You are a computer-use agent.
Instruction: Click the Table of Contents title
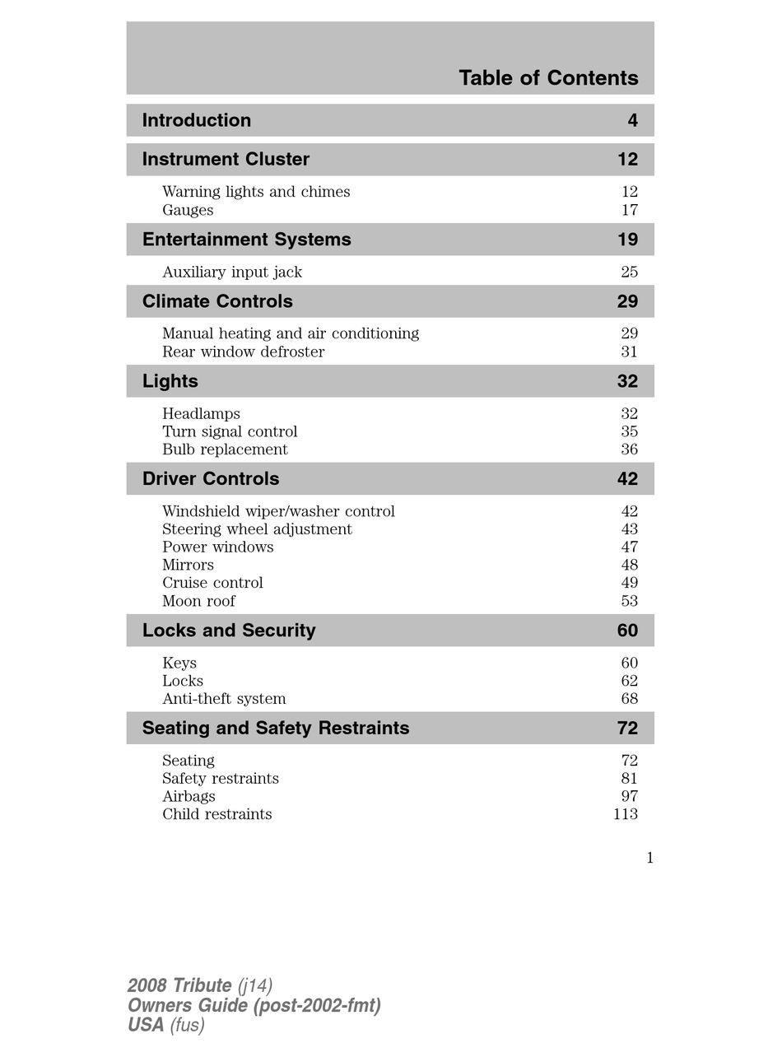click(x=548, y=78)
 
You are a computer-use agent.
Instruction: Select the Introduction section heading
click(x=197, y=120)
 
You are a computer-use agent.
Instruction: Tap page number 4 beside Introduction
click(x=632, y=120)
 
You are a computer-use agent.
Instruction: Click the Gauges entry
click(x=188, y=210)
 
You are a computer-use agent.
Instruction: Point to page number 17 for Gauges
click(x=629, y=210)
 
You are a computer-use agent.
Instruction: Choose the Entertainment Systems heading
click(x=246, y=240)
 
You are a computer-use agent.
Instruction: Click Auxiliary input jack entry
click(x=232, y=272)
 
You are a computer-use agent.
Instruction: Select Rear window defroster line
click(x=243, y=352)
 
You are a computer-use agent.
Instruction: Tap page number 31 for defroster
click(x=629, y=352)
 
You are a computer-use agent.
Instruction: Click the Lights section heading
click(x=170, y=381)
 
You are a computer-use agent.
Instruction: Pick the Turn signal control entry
click(x=230, y=431)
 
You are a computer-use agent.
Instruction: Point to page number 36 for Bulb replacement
click(x=629, y=449)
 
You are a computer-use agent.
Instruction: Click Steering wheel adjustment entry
click(x=257, y=529)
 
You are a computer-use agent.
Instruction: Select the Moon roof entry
click(x=198, y=601)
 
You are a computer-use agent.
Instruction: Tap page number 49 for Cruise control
click(x=629, y=583)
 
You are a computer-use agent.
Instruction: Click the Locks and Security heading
click(x=229, y=631)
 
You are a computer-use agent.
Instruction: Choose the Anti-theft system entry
click(x=224, y=699)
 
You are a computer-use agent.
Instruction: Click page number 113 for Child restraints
click(x=626, y=814)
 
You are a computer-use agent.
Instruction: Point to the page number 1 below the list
click(x=649, y=858)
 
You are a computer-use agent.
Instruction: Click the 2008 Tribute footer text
click(x=179, y=985)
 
